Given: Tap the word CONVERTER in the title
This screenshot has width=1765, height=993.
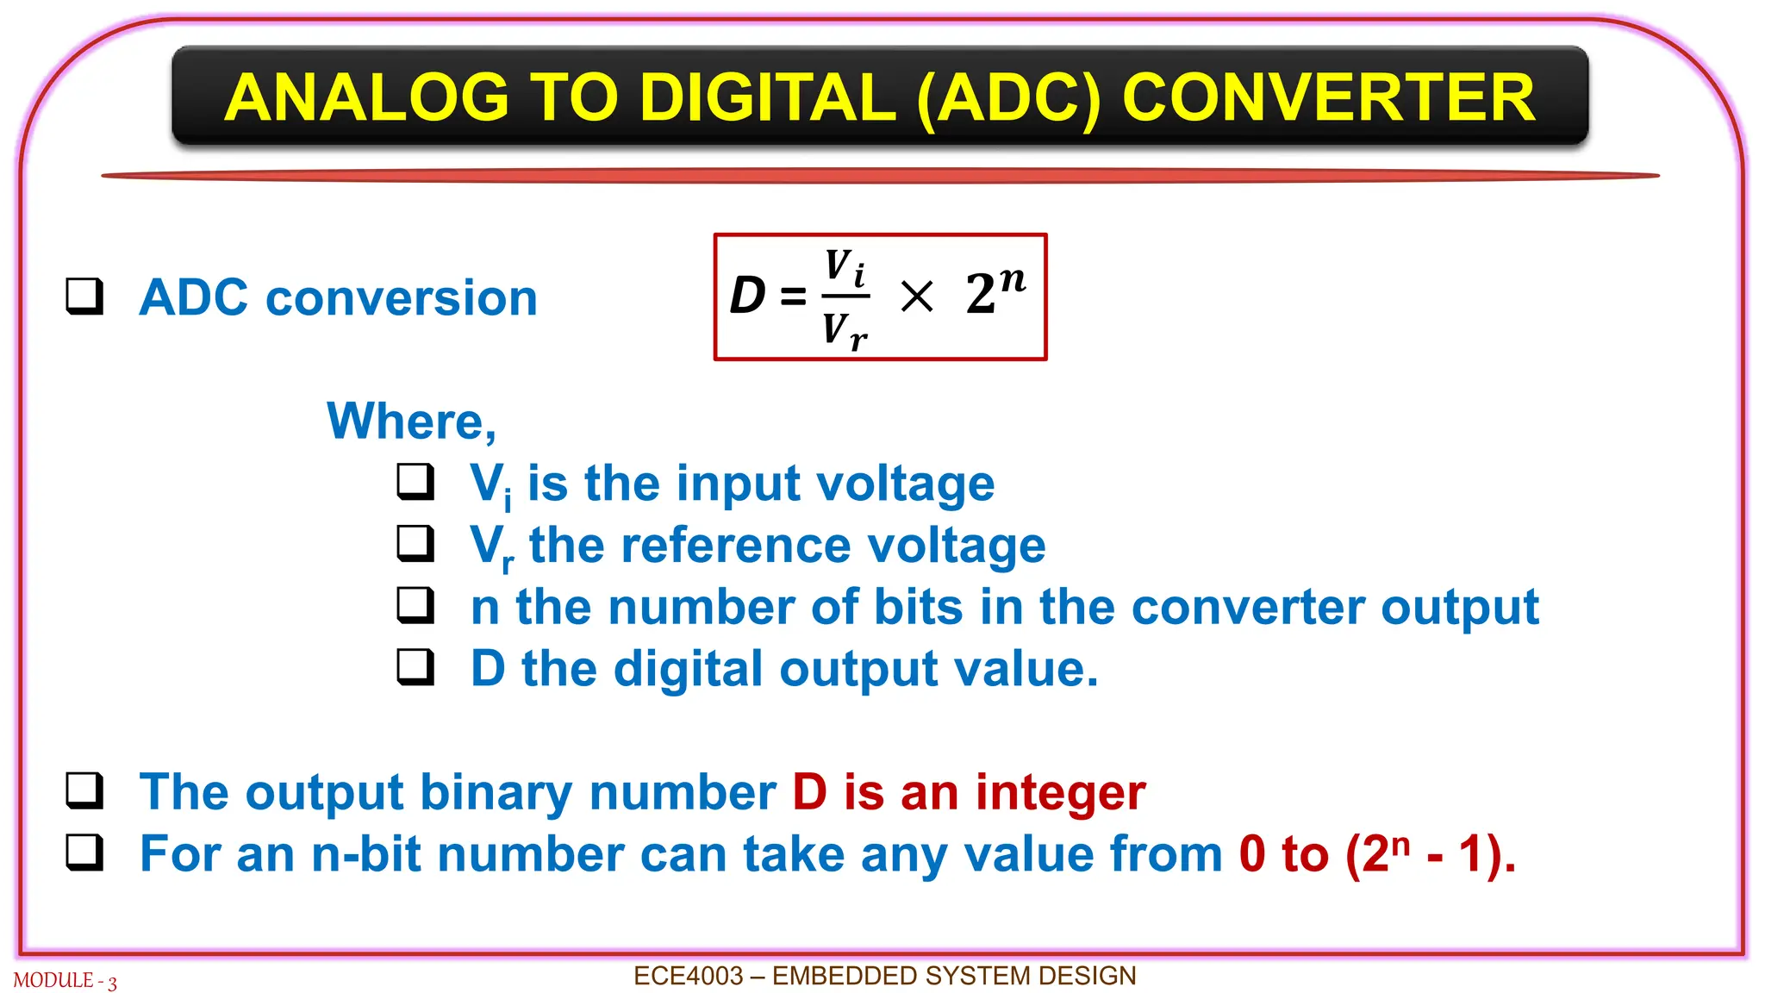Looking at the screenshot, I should click(x=1328, y=97).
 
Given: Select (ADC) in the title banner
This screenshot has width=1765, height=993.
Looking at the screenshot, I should click(x=1009, y=97).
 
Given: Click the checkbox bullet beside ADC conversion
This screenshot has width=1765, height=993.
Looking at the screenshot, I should click(x=85, y=297).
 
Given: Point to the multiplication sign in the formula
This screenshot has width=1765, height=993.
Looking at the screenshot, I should click(x=916, y=297).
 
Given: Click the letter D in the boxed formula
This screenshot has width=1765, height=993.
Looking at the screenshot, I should click(x=747, y=296).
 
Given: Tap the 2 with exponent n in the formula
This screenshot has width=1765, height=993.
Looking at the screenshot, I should click(x=995, y=290).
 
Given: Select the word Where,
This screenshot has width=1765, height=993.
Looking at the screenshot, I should click(x=411, y=421).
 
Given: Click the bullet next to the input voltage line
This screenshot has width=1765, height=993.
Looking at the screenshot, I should click(x=415, y=482).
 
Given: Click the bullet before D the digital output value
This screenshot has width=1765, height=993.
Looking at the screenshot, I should click(x=415, y=666).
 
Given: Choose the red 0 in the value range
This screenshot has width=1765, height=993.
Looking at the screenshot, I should click(x=1252, y=854).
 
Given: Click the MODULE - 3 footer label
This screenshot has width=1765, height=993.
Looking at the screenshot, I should click(x=65, y=981).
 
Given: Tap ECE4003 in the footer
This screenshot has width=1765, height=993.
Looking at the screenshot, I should click(x=688, y=976).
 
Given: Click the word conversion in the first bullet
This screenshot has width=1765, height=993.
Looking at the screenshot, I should click(x=401, y=298).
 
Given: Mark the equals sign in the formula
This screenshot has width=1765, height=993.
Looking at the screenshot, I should click(x=793, y=297).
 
